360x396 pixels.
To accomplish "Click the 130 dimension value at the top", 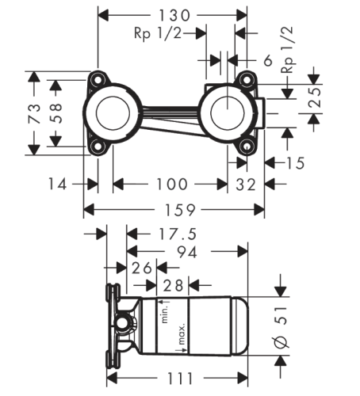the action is [x=174, y=15].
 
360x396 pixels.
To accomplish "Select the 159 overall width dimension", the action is [x=180, y=210].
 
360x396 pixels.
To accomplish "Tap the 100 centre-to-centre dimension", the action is [x=172, y=184].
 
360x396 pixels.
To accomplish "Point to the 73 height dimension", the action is [x=34, y=113].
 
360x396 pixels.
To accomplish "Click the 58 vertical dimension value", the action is [x=56, y=113].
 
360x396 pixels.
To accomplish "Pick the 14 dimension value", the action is [x=57, y=184].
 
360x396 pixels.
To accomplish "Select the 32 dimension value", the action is [x=246, y=185].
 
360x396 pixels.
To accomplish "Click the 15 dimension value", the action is [x=295, y=163].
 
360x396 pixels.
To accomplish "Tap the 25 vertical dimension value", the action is [x=315, y=97].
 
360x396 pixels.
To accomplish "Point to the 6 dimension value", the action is [x=268, y=60].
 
